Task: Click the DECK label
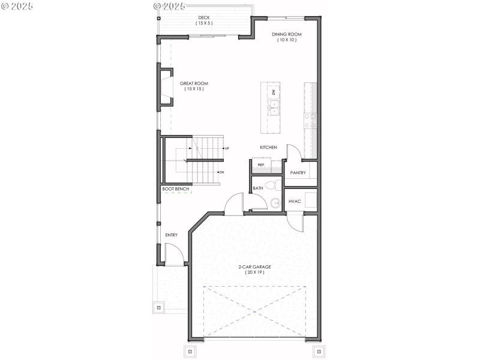(204, 17)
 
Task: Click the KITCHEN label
(268, 147)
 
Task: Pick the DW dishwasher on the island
(274, 92)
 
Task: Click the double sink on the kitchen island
(274, 108)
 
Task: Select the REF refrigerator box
(261, 164)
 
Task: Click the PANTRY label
(298, 173)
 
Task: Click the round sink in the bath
(275, 203)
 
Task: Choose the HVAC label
(295, 201)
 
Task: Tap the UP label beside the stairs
(227, 148)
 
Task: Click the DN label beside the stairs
(221, 172)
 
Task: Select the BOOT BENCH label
(176, 189)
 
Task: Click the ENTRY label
(171, 235)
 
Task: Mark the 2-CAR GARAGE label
(254, 266)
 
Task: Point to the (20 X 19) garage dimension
(254, 272)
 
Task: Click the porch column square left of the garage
(158, 307)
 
